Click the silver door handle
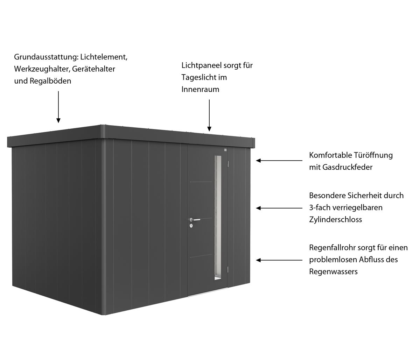click(x=195, y=220)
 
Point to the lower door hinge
click(x=228, y=269)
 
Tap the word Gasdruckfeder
click(x=341, y=167)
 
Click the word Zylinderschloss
click(x=335, y=219)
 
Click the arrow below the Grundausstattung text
click(x=58, y=107)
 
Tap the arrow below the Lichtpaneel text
click(x=209, y=115)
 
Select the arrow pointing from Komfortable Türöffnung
click(x=279, y=161)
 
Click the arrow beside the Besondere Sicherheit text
click(x=279, y=208)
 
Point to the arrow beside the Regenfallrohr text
click(x=279, y=260)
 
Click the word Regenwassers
click(x=333, y=271)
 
